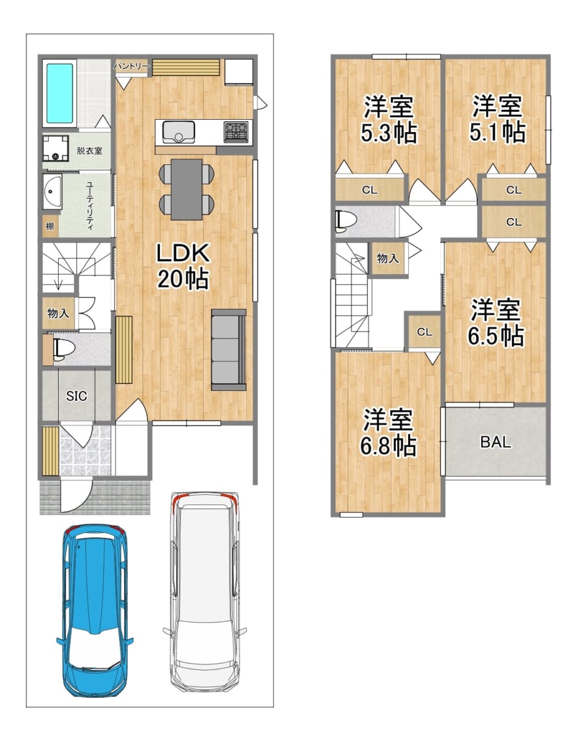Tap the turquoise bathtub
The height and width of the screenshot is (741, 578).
click(60, 93)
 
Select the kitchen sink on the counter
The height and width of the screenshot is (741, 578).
click(178, 132)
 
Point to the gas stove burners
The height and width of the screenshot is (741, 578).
click(236, 132)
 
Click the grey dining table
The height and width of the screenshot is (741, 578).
click(186, 189)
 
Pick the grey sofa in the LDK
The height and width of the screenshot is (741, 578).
click(228, 350)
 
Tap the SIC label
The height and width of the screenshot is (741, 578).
click(77, 396)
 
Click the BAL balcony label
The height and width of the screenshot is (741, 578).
click(495, 442)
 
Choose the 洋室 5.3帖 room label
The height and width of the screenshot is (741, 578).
click(388, 119)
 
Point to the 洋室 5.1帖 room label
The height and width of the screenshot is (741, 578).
click(497, 119)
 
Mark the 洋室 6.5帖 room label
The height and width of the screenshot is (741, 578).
click(495, 322)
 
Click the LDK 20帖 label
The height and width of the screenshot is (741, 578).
click(183, 266)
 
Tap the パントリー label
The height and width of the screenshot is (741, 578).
click(132, 66)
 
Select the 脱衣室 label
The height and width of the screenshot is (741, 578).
click(90, 151)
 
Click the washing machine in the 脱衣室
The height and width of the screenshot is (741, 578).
click(56, 148)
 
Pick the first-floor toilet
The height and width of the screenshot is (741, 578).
click(63, 348)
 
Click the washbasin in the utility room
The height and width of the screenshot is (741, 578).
click(52, 191)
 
